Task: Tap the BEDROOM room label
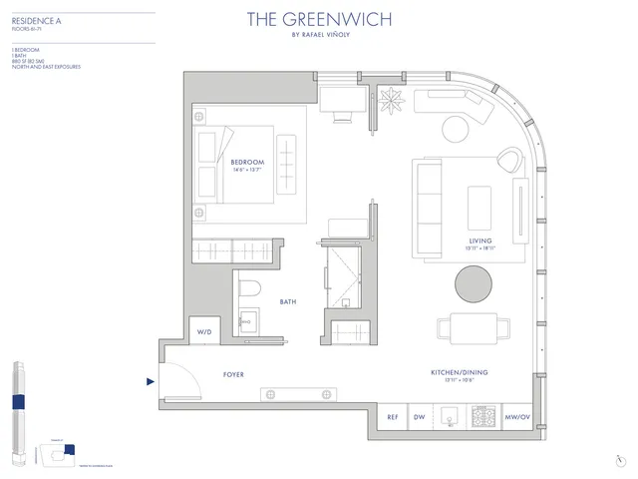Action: tap(246, 162)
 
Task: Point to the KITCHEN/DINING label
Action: tap(459, 373)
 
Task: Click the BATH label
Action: tap(288, 301)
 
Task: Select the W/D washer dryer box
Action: tap(204, 331)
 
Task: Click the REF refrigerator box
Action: tap(392, 417)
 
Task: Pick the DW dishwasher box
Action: tap(420, 417)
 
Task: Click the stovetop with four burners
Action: tap(483, 417)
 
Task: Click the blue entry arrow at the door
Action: tap(151, 380)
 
